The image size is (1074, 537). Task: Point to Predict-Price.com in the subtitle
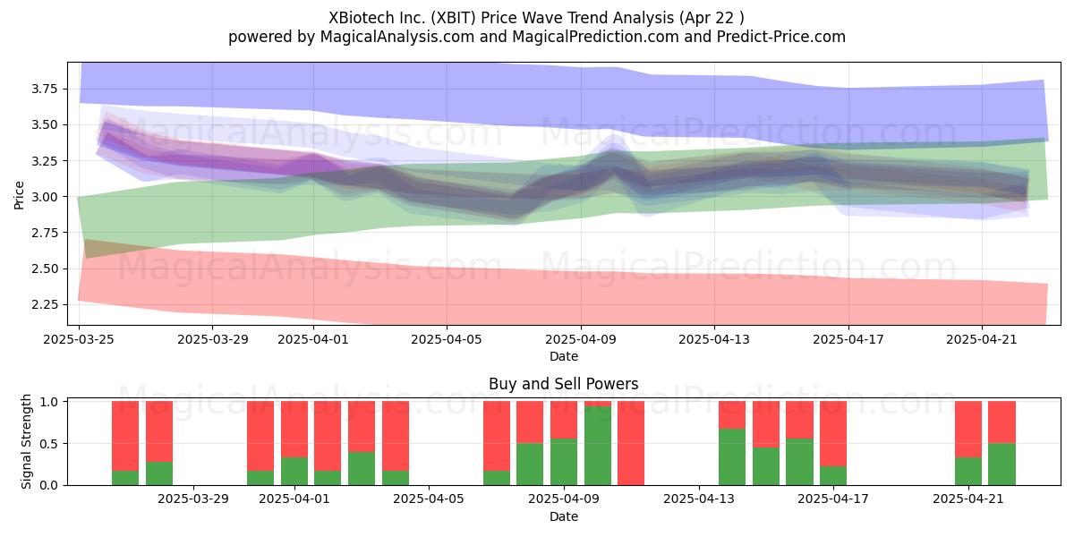pos(781,37)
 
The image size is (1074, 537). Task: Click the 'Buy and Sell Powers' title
pos(563,384)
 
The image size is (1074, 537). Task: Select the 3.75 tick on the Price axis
pos(44,89)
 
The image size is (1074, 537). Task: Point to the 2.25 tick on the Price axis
pos(44,304)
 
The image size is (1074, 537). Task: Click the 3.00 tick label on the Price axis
pos(44,197)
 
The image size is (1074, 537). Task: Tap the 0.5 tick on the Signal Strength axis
pos(49,444)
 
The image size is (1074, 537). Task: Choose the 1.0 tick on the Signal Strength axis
pos(49,402)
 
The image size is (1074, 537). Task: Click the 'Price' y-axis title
pos(19,195)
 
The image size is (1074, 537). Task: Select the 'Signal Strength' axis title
pos(26,441)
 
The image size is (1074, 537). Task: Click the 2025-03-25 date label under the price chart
pos(79,339)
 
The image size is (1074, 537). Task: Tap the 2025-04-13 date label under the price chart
pos(714,339)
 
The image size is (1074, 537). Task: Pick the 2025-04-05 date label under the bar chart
pos(429,499)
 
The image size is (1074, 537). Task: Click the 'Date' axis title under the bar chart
pos(563,516)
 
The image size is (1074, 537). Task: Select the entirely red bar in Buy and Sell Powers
pos(631,443)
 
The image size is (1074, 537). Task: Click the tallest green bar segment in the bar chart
pos(598,446)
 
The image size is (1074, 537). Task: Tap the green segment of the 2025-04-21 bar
pos(968,472)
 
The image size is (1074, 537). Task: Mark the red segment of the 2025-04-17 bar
pos(833,434)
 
